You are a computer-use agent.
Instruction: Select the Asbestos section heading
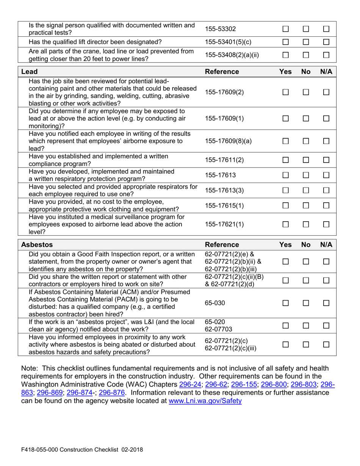pyautogui.click(x=37, y=245)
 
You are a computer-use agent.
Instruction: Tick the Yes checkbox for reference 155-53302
pyautogui.click(x=286, y=29)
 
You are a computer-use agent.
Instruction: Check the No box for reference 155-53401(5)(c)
pyautogui.click(x=306, y=42)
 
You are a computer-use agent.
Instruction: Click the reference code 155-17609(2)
pyautogui.click(x=225, y=92)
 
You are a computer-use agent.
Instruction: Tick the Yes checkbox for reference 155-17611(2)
pyautogui.click(x=286, y=160)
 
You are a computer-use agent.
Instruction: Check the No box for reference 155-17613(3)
pyautogui.click(x=306, y=190)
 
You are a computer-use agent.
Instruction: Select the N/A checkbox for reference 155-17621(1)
pyautogui.click(x=326, y=224)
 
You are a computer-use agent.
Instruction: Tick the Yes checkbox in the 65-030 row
pyautogui.click(x=286, y=304)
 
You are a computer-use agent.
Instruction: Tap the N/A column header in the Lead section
pyautogui.click(x=326, y=72)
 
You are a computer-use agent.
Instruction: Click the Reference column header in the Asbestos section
pyautogui.click(x=222, y=245)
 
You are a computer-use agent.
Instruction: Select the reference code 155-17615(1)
pyautogui.click(x=225, y=205)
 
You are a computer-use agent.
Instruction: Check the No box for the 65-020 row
pyautogui.click(x=306, y=326)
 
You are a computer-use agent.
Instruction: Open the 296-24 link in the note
pyautogui.click(x=190, y=384)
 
